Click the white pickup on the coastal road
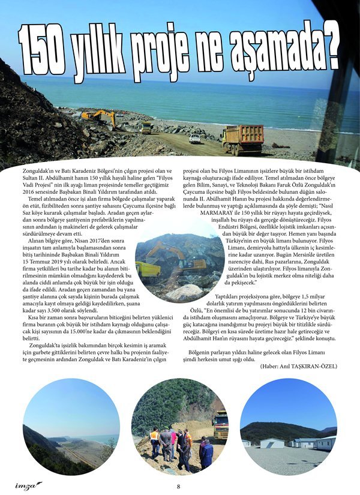click(x=195, y=138)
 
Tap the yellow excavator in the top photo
click(x=99, y=117)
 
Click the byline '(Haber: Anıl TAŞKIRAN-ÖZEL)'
click(x=299, y=366)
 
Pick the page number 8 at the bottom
click(x=178, y=486)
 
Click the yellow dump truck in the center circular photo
click(x=148, y=268)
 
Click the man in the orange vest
click(x=155, y=436)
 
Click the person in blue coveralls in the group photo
click(x=206, y=454)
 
